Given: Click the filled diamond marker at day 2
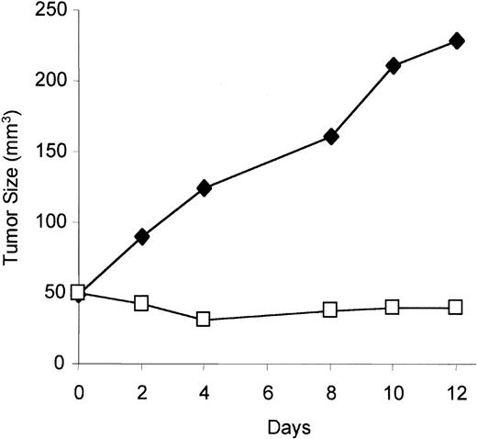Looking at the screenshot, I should point(141,237).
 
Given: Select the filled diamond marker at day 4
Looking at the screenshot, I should point(204,188).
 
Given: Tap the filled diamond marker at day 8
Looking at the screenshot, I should point(330,137).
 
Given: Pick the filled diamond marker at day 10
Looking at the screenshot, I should point(393,66).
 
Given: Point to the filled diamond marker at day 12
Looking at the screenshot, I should point(456,41).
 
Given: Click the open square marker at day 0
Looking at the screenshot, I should point(78,292).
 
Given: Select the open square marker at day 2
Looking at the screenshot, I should point(141,303).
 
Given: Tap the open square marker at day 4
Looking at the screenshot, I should point(204,319).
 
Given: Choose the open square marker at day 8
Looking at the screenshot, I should point(330,310).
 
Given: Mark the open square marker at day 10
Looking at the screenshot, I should point(393,307).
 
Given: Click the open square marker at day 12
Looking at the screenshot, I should point(456,307).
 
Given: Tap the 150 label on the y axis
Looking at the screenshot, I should point(51,151).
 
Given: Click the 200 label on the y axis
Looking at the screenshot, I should point(51,81).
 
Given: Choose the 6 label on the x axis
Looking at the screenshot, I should point(267,389).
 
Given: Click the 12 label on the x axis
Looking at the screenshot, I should point(455,389).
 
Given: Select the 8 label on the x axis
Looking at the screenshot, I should point(330,389).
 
